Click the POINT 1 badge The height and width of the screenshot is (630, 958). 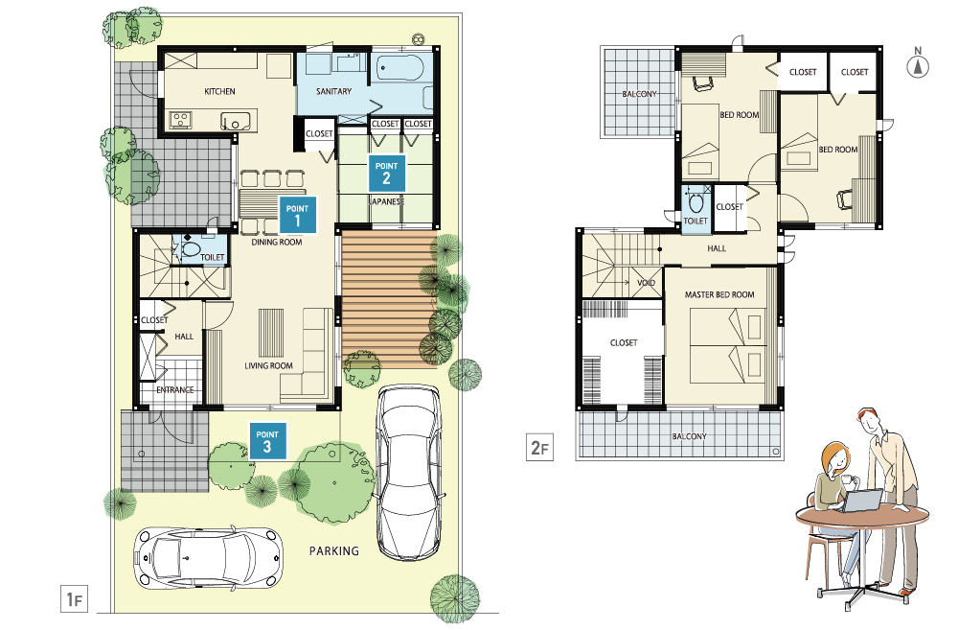pyautogui.click(x=298, y=215)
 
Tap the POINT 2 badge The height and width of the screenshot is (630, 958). pyautogui.click(x=387, y=174)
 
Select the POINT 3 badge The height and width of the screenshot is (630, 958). pyautogui.click(x=267, y=441)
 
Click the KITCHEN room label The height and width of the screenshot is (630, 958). pyautogui.click(x=219, y=92)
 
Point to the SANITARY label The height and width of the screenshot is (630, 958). pyautogui.click(x=333, y=91)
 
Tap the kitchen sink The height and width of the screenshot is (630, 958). pyautogui.click(x=236, y=121)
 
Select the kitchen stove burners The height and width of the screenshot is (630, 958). pyautogui.click(x=181, y=119)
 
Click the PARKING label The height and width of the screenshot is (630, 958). pyautogui.click(x=334, y=551)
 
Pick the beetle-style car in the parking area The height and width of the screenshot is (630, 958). pyautogui.click(x=208, y=558)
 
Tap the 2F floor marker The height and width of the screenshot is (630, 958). pyautogui.click(x=539, y=447)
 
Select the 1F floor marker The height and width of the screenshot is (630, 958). pyautogui.click(x=74, y=598)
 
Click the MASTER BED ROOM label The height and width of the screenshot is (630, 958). pyautogui.click(x=719, y=294)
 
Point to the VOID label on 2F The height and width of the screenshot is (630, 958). pyautogui.click(x=646, y=283)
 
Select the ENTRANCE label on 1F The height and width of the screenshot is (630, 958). pyautogui.click(x=174, y=389)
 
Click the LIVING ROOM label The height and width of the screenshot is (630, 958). pyautogui.click(x=269, y=365)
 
